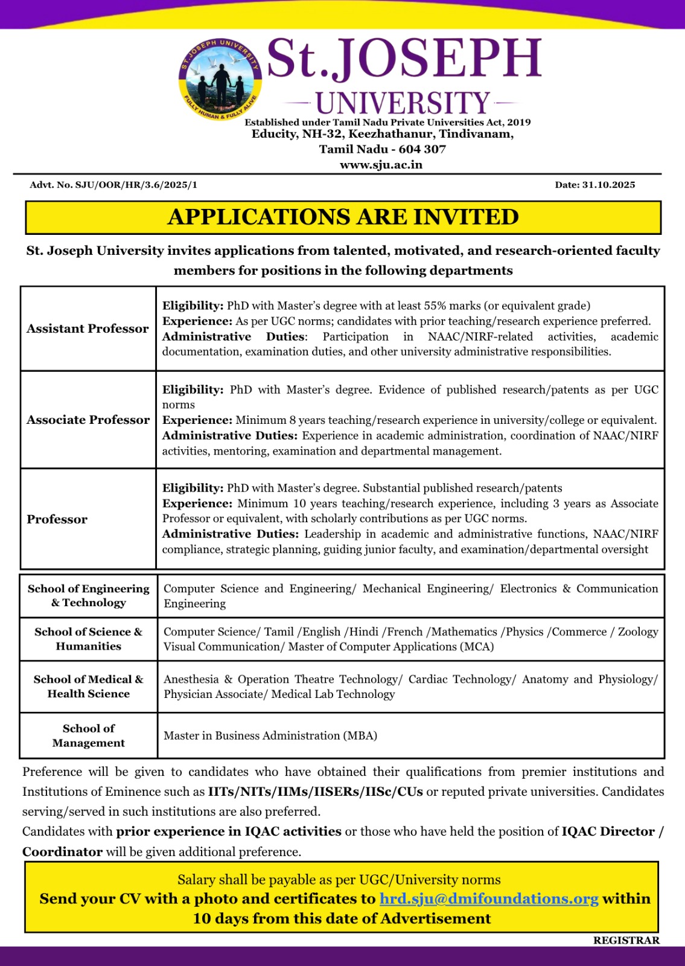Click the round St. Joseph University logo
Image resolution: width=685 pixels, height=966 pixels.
[x=220, y=79]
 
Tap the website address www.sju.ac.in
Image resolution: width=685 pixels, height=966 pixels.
[x=381, y=165]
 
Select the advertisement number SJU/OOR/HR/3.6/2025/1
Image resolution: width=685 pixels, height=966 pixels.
[x=136, y=185]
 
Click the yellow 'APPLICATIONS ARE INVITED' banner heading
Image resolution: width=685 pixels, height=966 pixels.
[x=343, y=217]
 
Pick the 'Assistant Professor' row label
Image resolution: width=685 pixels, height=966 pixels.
[x=88, y=329]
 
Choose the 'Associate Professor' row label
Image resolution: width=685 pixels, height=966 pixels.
[x=88, y=420]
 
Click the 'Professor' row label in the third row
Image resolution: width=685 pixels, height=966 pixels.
[x=57, y=520]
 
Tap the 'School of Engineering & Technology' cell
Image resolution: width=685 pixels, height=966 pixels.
[x=89, y=596]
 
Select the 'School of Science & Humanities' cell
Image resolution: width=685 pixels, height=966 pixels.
[x=89, y=639]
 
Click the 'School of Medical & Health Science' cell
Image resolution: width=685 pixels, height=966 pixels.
[x=89, y=687]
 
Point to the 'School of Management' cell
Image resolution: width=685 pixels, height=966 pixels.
[x=89, y=736]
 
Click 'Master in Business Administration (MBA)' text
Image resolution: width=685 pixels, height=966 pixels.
[x=270, y=736]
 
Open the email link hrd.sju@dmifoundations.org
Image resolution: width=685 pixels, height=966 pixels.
[x=489, y=899]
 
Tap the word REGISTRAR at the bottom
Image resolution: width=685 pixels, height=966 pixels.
[x=626, y=941]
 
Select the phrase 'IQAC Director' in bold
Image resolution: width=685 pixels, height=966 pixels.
[x=608, y=832]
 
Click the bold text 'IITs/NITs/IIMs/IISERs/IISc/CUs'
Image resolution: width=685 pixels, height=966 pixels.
[x=316, y=792]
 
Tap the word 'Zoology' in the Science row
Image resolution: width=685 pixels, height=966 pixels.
[x=638, y=632]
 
